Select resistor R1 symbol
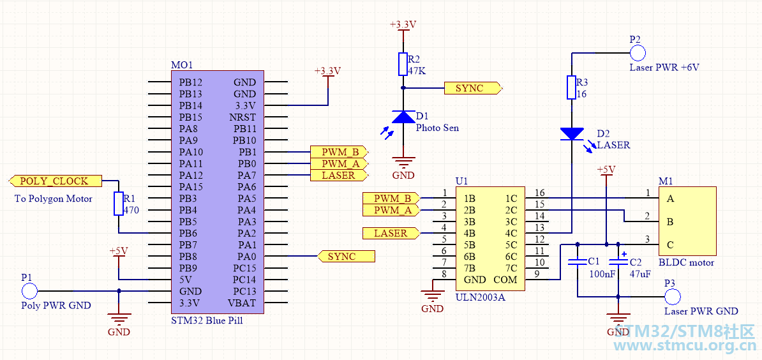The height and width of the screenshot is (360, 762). pos(118,204)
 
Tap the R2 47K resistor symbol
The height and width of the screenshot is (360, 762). pos(403,64)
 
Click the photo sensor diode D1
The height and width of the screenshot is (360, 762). pos(403,117)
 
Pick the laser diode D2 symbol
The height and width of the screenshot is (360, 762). pos(572,133)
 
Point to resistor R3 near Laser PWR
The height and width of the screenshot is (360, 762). pos(572,87)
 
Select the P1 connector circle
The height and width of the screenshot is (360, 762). pos(29,291)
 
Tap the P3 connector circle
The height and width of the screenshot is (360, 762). pos(673,297)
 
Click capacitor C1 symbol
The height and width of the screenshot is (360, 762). pos(578,262)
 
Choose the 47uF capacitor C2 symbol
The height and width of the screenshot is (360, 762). pos(618,262)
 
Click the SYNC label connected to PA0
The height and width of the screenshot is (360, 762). pos(346,256)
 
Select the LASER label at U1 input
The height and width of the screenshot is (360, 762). pos(391,233)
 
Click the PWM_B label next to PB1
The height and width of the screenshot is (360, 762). pos(339,151)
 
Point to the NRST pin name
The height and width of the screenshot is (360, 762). pos(246,117)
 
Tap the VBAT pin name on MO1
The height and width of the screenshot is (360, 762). pos(246,303)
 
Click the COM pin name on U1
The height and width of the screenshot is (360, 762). pos(505,280)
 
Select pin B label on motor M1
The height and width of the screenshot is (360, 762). pos(670,221)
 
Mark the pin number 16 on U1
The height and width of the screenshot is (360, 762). pos(539,192)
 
